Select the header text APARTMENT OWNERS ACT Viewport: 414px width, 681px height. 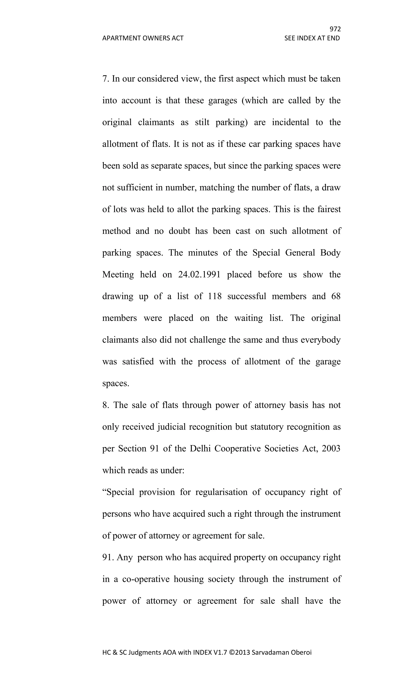(143, 38)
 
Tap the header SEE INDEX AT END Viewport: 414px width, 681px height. (312, 38)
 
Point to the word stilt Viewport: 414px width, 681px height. (202, 122)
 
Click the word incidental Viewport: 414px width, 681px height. (290, 122)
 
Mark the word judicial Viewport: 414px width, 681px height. (172, 427)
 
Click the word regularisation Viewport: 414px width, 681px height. (221, 492)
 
